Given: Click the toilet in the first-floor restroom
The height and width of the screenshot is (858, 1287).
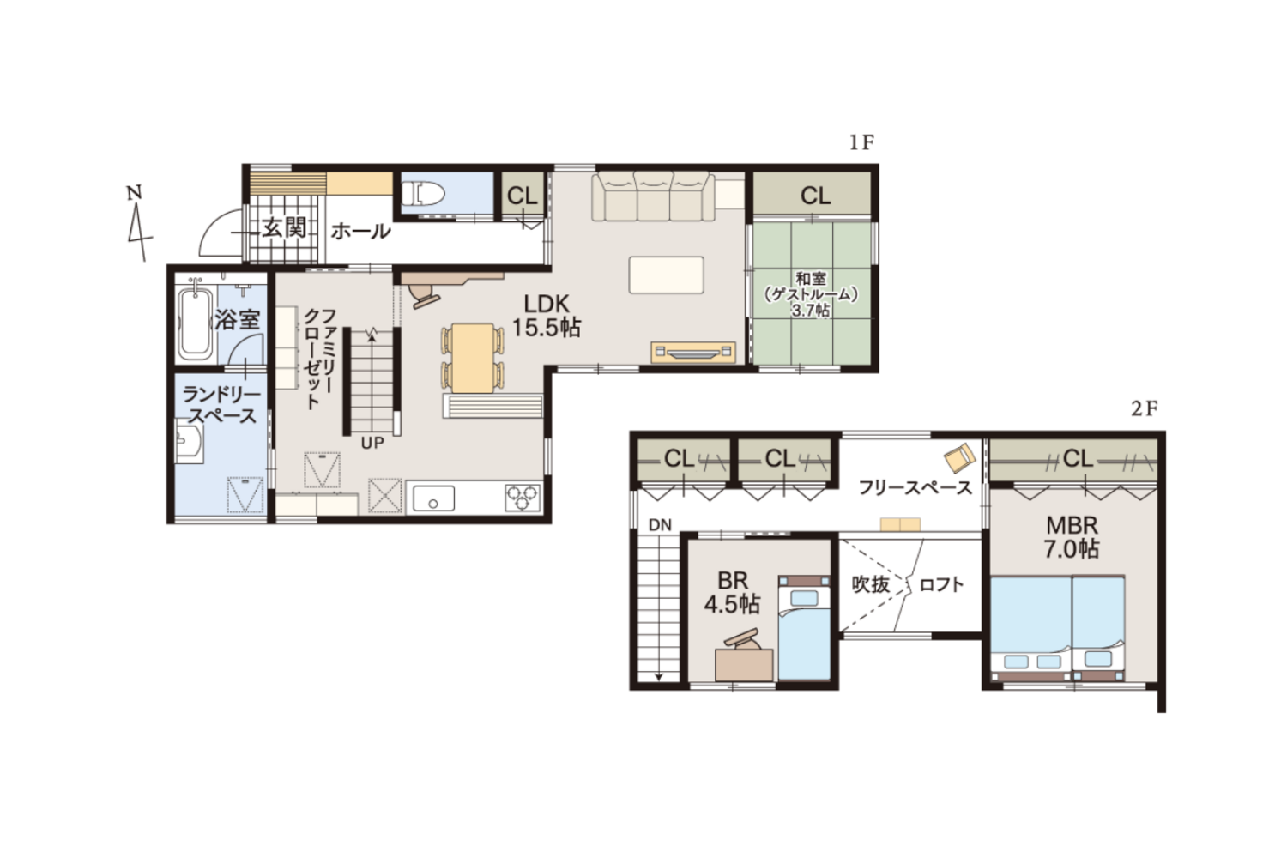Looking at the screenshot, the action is [x=423, y=194].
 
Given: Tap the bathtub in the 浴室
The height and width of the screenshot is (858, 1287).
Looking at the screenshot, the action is [x=194, y=323].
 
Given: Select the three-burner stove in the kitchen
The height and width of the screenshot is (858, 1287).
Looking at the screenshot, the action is [x=523, y=498].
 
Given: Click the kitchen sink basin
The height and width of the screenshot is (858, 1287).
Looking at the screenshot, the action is [x=433, y=498].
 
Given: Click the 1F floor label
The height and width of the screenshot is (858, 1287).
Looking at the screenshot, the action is [x=861, y=142].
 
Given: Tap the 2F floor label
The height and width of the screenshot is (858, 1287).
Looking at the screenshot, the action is [x=1144, y=408].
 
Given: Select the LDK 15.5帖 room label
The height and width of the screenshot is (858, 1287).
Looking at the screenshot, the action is [x=546, y=316].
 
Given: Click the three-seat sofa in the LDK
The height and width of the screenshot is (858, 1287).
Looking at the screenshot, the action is [x=653, y=196].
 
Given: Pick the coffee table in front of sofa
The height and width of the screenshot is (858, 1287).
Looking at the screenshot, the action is [x=666, y=275].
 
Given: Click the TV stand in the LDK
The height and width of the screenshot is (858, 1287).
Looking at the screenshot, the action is [x=693, y=353].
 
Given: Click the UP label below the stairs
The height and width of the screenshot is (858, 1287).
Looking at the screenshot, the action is [x=372, y=443].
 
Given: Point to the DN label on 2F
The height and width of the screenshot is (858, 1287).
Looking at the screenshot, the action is [x=660, y=525].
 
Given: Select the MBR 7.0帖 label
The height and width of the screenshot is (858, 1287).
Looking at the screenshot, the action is [x=1072, y=537].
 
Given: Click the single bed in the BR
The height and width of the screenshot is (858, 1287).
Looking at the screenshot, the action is [x=805, y=628].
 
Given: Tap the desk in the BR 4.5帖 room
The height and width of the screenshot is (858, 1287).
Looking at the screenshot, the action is [x=744, y=665].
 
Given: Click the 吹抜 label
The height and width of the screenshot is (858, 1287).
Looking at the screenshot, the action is [x=871, y=584].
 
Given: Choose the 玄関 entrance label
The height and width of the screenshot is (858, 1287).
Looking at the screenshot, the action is [x=284, y=228].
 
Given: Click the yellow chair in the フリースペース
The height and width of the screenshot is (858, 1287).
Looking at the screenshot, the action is [x=959, y=457].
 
